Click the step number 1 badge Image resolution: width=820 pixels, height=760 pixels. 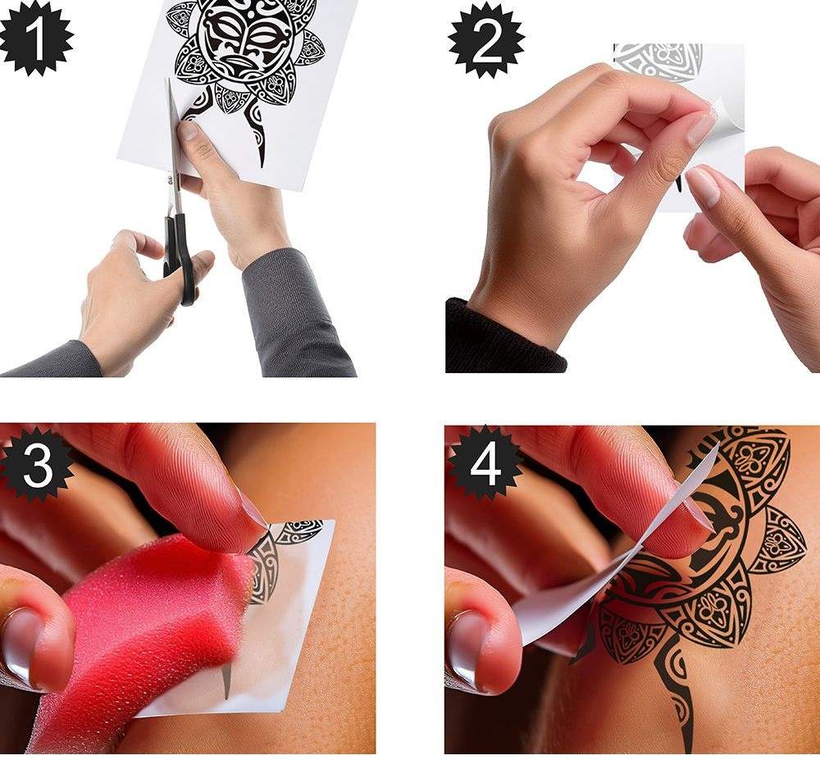pos(35,37)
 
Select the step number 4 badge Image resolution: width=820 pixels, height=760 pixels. pos(485,464)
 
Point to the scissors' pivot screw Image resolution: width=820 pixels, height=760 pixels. pos(170,180)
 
